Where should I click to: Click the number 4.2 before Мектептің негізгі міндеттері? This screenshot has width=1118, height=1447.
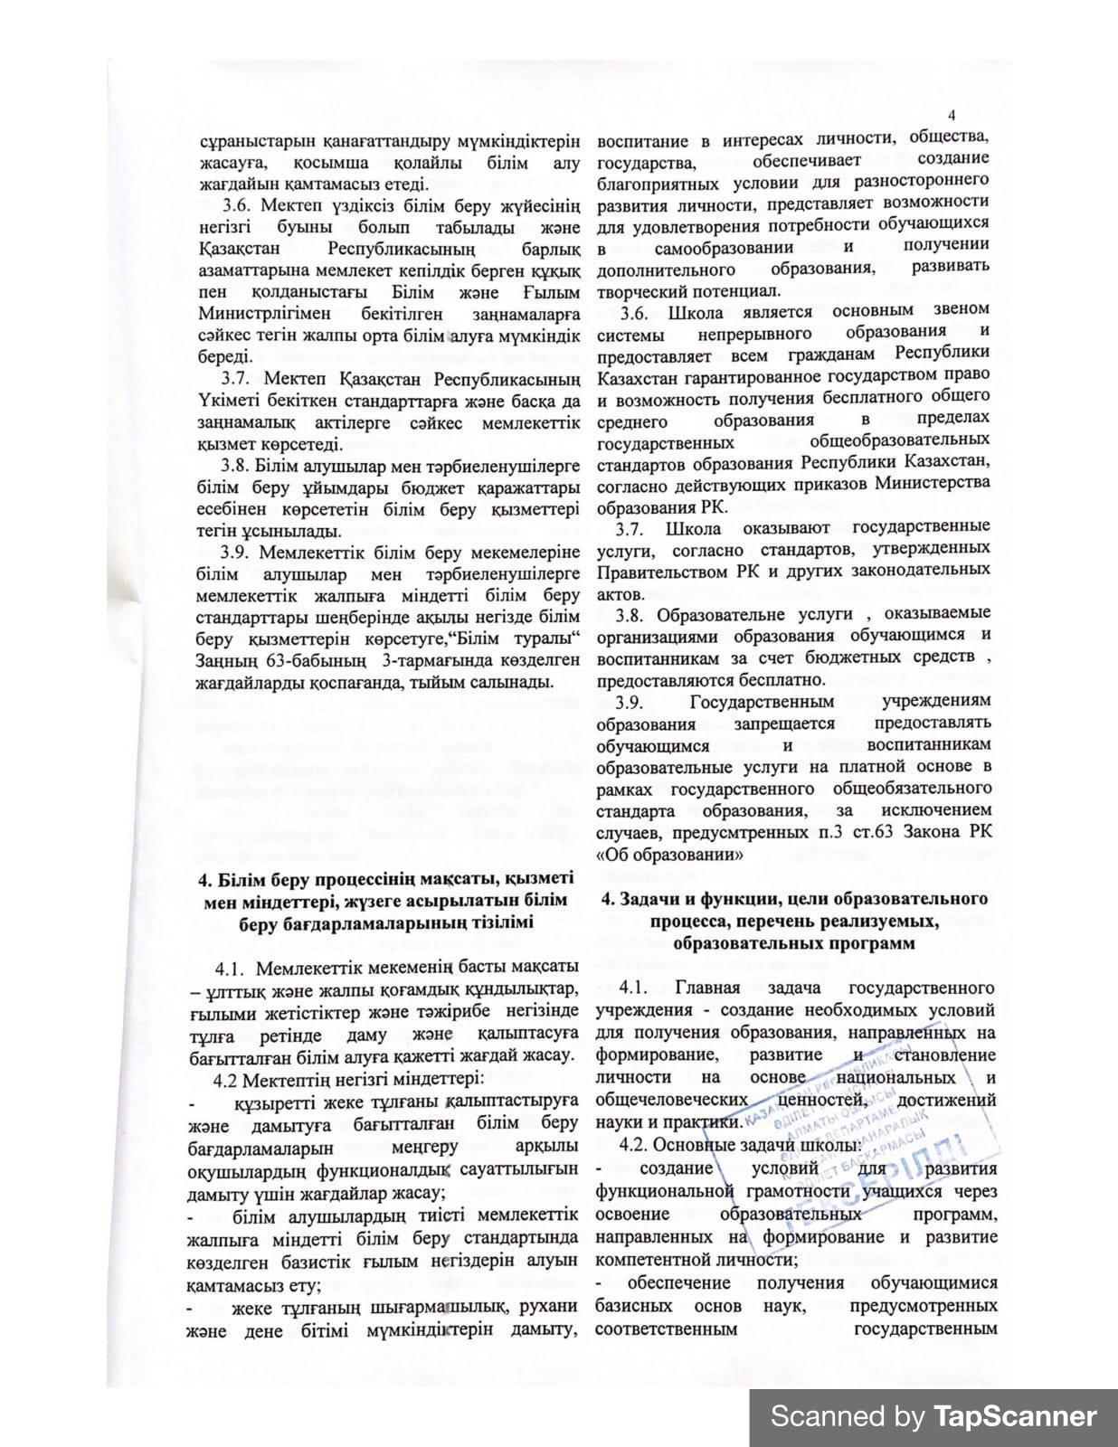(226, 1079)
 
